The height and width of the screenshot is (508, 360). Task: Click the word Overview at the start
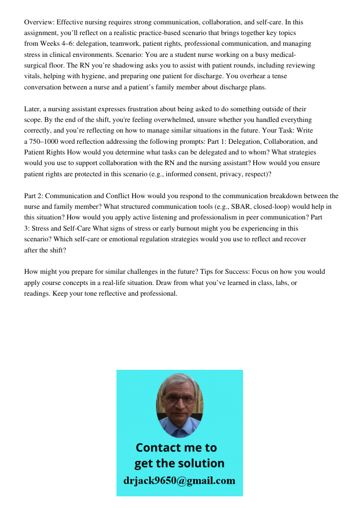point(39,22)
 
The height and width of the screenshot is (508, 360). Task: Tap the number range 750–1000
point(47,142)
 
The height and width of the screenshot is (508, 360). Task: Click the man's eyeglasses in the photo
point(180,400)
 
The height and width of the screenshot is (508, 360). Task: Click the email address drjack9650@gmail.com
point(179,480)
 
